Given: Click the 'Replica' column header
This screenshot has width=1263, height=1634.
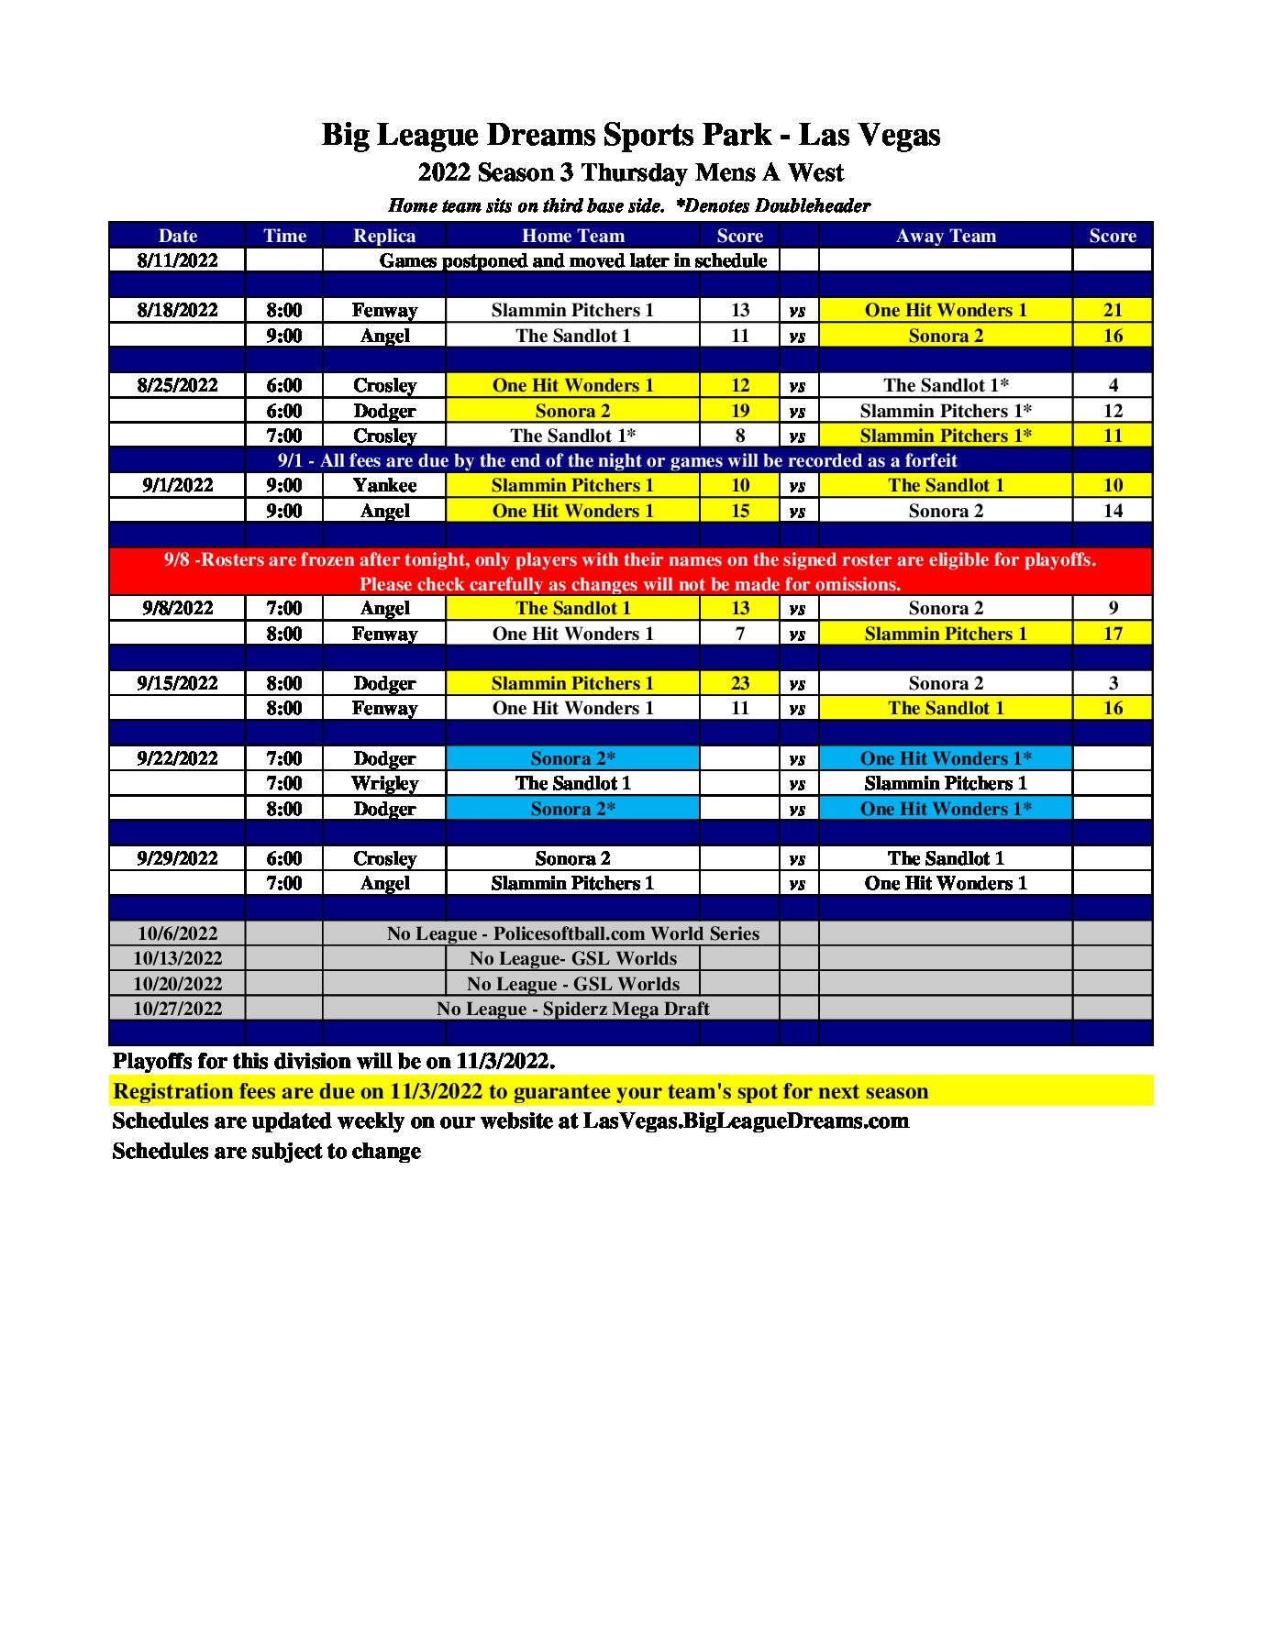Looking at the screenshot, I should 384,236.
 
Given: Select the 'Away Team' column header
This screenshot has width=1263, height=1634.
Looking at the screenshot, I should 945,236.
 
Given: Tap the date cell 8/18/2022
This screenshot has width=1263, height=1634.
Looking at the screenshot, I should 177,310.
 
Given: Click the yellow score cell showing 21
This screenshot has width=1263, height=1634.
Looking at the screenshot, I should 1112,310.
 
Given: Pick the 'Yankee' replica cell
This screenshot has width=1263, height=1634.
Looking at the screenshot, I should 384,485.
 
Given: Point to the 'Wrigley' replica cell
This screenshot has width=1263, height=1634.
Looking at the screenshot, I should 384,783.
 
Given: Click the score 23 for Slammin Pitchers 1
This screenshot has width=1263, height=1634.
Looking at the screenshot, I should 739,683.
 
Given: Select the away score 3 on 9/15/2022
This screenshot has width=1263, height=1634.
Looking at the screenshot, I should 1112,683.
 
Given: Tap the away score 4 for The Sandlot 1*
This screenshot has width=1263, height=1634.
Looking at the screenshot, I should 1112,385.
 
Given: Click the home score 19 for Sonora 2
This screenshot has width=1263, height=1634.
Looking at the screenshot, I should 739,411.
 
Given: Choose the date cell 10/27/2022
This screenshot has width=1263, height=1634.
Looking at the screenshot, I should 177,1009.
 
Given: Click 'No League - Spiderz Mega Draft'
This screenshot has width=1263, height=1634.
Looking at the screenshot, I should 572,1009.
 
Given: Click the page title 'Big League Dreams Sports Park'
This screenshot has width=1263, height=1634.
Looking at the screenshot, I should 547,135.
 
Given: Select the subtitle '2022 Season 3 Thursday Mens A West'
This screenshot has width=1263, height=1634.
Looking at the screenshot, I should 630,172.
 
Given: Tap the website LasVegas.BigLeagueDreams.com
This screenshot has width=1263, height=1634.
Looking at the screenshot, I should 746,1121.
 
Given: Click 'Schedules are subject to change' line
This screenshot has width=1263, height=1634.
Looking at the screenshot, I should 266,1151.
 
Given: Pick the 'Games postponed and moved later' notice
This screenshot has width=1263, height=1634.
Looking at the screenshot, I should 572,260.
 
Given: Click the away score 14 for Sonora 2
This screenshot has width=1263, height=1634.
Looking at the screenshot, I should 1112,511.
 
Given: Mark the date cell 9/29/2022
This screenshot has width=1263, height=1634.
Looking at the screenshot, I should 177,858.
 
